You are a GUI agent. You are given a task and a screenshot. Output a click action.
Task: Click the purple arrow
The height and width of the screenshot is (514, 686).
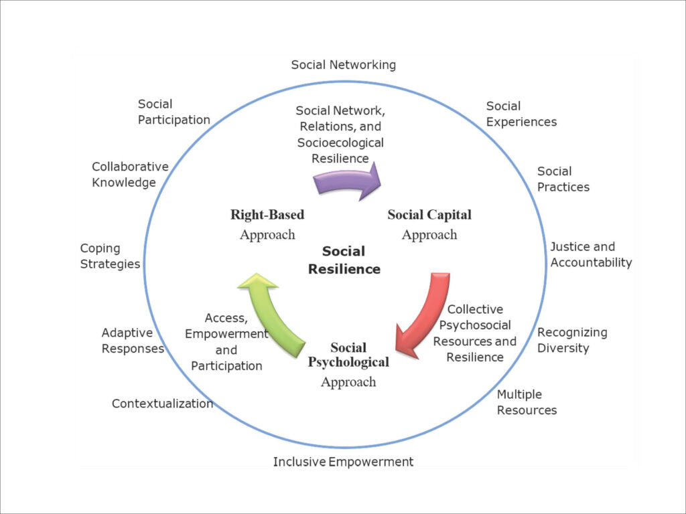pyautogui.click(x=347, y=182)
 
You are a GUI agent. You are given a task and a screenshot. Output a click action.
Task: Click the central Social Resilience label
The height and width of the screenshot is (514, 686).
pyautogui.click(x=344, y=260)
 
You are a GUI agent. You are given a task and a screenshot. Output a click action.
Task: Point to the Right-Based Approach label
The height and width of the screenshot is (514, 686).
pyautogui.click(x=267, y=224)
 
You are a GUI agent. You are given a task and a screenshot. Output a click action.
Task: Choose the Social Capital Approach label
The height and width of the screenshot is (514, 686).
pyautogui.click(x=429, y=224)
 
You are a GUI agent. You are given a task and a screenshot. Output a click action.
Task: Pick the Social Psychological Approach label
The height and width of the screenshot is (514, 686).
pyautogui.click(x=348, y=365)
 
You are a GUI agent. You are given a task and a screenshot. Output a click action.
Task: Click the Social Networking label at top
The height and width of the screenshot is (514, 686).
pyautogui.click(x=343, y=65)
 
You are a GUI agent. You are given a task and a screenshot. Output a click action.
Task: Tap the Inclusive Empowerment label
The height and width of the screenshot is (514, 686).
pyautogui.click(x=343, y=462)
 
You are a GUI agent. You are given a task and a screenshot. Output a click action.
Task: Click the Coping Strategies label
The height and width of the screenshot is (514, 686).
pyautogui.click(x=110, y=256)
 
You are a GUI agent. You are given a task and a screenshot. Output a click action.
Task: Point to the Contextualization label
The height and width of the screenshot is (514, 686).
pyautogui.click(x=162, y=404)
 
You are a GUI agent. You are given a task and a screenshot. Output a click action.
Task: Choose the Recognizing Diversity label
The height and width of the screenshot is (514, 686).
pyautogui.click(x=572, y=340)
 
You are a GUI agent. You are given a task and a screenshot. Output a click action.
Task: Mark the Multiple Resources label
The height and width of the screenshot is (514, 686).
pyautogui.click(x=527, y=402)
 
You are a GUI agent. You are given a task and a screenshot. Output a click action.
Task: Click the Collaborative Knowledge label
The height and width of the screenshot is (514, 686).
pyautogui.click(x=130, y=175)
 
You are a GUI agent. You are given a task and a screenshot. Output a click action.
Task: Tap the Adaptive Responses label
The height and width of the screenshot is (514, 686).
pyautogui.click(x=133, y=341)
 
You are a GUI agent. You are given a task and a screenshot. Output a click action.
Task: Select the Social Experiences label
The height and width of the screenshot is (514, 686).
pyautogui.click(x=521, y=114)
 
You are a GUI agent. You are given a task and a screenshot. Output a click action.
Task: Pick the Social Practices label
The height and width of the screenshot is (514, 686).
pyautogui.click(x=563, y=179)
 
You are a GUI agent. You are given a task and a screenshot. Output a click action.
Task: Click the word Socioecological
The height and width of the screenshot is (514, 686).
pyautogui.click(x=340, y=143)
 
